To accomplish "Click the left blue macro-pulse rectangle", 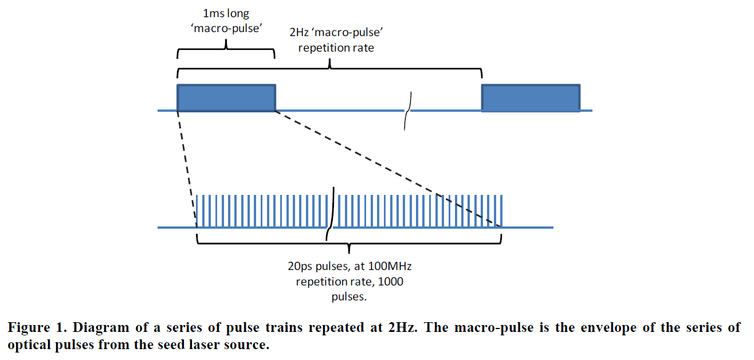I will click(227, 98).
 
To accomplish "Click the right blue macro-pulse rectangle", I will click(531, 98).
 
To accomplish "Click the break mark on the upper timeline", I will click(407, 110).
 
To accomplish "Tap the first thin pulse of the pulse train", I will click(198, 211).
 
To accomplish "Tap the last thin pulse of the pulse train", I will click(502, 211).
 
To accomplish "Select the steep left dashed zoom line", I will click(187, 166).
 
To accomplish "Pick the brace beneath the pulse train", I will click(349, 243).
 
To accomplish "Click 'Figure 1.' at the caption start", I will click(32, 328).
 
